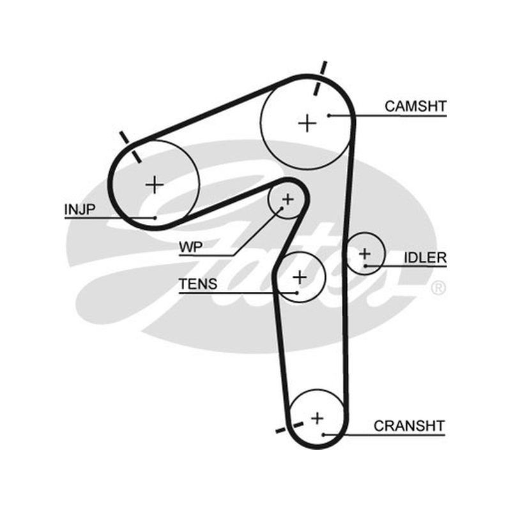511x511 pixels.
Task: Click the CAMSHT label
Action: click(x=416, y=107)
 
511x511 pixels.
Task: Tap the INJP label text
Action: click(x=80, y=210)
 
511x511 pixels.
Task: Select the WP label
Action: click(x=190, y=247)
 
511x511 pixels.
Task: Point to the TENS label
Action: click(x=198, y=284)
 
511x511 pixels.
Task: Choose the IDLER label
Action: click(x=425, y=257)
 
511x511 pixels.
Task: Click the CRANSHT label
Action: click(x=409, y=426)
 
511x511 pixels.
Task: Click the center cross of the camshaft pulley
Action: click(x=307, y=123)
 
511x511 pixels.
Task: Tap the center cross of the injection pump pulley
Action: click(x=155, y=185)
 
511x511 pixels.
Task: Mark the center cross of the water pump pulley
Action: click(x=288, y=199)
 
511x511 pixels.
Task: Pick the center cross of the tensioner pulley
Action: click(x=300, y=277)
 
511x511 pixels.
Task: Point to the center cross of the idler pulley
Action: click(x=365, y=254)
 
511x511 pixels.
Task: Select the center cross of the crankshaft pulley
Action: click(x=317, y=418)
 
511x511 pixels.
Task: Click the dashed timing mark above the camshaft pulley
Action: click(x=320, y=78)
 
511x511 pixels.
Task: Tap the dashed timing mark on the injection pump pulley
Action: click(x=130, y=147)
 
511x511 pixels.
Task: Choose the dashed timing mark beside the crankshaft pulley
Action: click(x=290, y=427)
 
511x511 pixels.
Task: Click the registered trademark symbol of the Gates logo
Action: click(x=438, y=289)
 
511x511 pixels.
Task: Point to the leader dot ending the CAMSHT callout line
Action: click(x=329, y=116)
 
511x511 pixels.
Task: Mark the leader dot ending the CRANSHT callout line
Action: click(x=323, y=435)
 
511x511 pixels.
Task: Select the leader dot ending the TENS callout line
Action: click(x=296, y=293)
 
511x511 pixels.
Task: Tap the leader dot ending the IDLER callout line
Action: click(x=365, y=266)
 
